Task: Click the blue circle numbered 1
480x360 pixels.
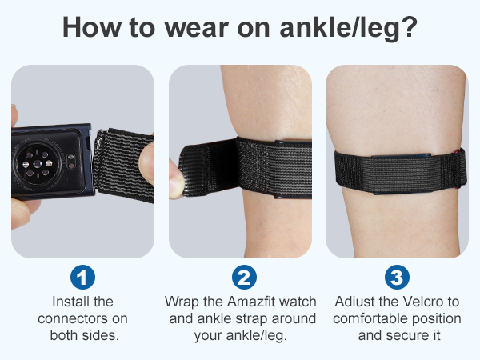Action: pos(82,278)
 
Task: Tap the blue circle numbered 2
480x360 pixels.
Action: pos(242,278)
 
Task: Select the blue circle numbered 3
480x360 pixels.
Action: pos(398,278)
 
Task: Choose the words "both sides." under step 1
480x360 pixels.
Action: pos(82,334)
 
